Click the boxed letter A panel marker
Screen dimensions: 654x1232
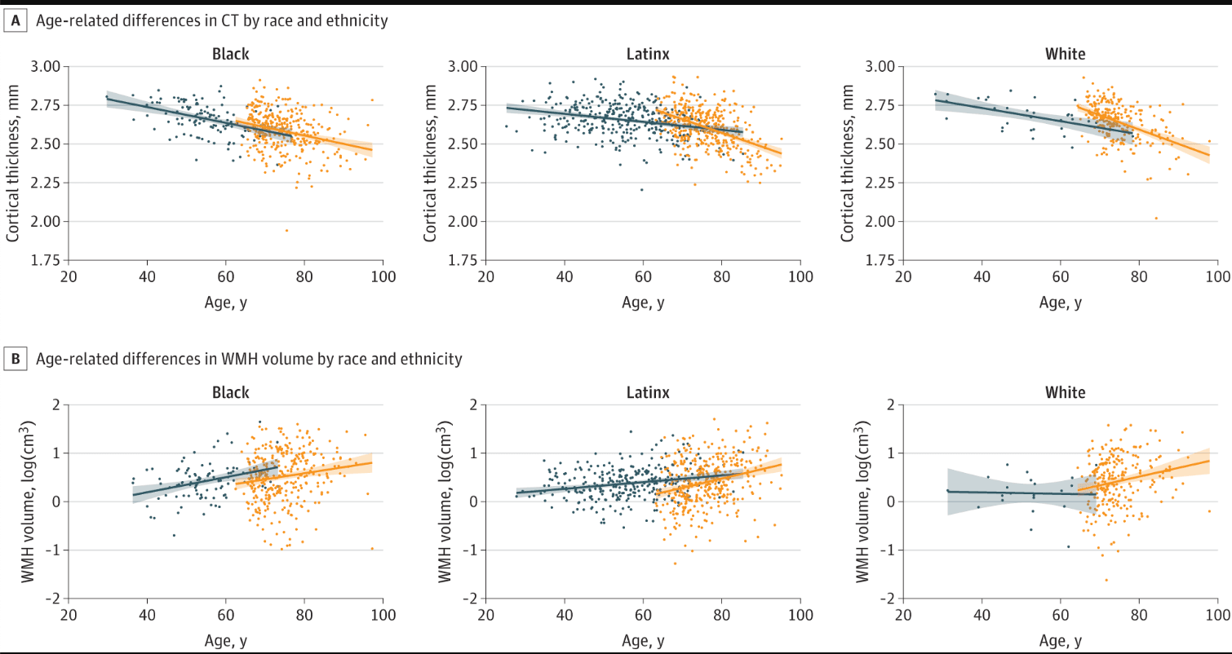coord(14,21)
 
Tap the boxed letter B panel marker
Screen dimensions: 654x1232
coord(14,358)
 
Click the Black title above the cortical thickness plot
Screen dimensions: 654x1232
coord(230,55)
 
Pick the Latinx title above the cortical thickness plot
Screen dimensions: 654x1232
coord(648,55)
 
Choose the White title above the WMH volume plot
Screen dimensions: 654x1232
coord(1066,392)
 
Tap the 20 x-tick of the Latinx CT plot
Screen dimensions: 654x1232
coord(486,276)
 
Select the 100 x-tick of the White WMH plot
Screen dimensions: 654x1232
coord(1218,614)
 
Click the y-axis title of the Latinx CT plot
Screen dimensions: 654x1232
coord(429,163)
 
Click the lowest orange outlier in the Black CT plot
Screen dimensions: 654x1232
coord(286,230)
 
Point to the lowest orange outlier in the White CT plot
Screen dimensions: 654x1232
coord(1156,218)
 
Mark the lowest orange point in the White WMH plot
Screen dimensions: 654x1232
coord(1106,580)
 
